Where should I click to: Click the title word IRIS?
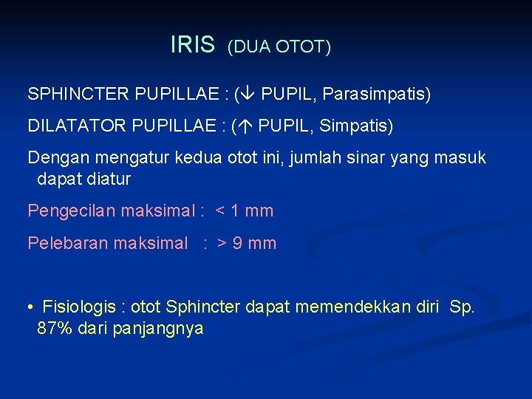coord(191,45)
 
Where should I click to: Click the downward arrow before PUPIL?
coord(248,95)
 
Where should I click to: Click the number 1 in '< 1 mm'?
coord(235,211)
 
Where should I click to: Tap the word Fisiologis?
coord(77,307)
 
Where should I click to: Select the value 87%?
coord(54,330)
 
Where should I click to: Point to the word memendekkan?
coord(344,307)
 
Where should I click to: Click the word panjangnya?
coord(158,330)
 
